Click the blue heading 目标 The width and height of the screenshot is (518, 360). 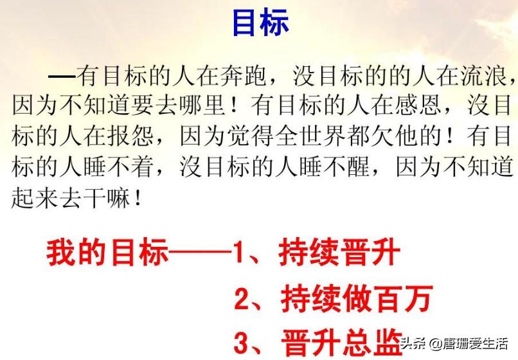[x=260, y=23]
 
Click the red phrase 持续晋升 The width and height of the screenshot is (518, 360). [x=339, y=253]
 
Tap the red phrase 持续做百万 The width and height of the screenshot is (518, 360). [x=355, y=299]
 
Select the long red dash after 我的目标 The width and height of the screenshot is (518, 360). [x=200, y=254]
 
